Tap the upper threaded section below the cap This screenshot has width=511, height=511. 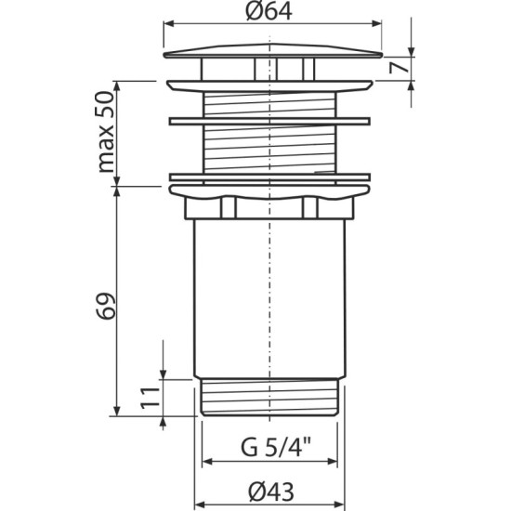269,102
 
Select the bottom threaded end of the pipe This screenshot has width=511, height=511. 269,397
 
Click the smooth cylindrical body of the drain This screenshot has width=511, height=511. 269,297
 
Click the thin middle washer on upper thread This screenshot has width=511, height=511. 269,120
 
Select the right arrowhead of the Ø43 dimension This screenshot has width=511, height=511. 340,501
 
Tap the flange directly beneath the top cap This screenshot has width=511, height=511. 269,84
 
